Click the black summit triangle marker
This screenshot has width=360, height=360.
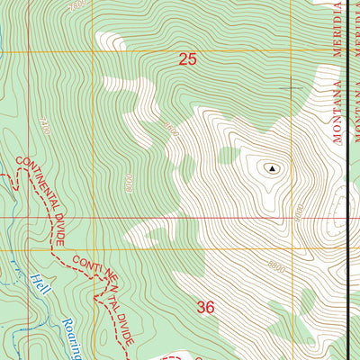(269, 167)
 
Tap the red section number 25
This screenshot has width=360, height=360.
(187, 60)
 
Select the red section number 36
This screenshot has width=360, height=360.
(205, 308)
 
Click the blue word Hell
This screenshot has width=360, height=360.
(36, 281)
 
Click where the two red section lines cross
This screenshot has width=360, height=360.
(91, 217)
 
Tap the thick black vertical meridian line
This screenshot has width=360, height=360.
(349, 180)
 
